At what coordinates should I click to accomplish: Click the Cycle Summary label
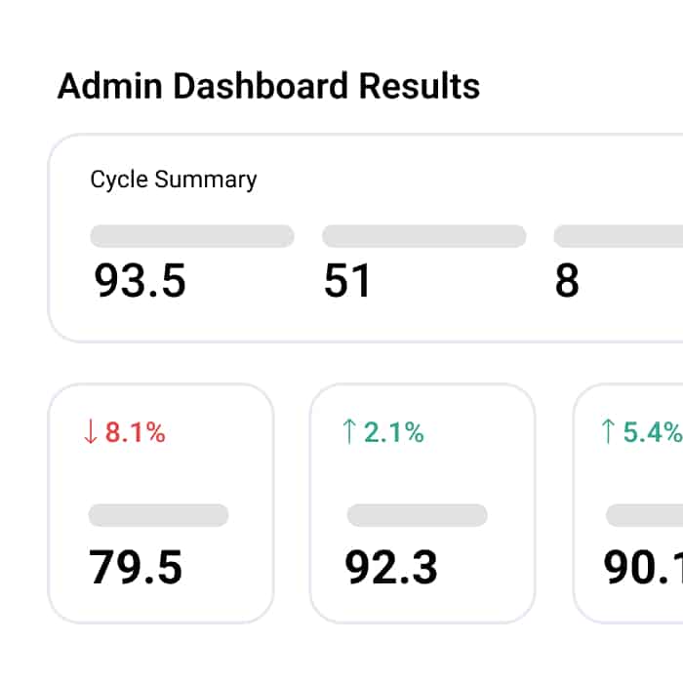(174, 180)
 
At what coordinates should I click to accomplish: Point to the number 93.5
(140, 281)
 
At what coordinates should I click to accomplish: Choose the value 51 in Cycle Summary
(347, 281)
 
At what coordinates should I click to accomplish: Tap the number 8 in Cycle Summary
(567, 281)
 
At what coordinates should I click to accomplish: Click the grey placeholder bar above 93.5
(192, 236)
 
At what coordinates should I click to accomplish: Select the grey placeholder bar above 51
(423, 236)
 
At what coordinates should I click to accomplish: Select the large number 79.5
(136, 567)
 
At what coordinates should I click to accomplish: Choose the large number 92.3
(391, 567)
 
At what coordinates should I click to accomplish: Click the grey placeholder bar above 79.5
(158, 515)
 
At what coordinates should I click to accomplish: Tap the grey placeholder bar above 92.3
(417, 515)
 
